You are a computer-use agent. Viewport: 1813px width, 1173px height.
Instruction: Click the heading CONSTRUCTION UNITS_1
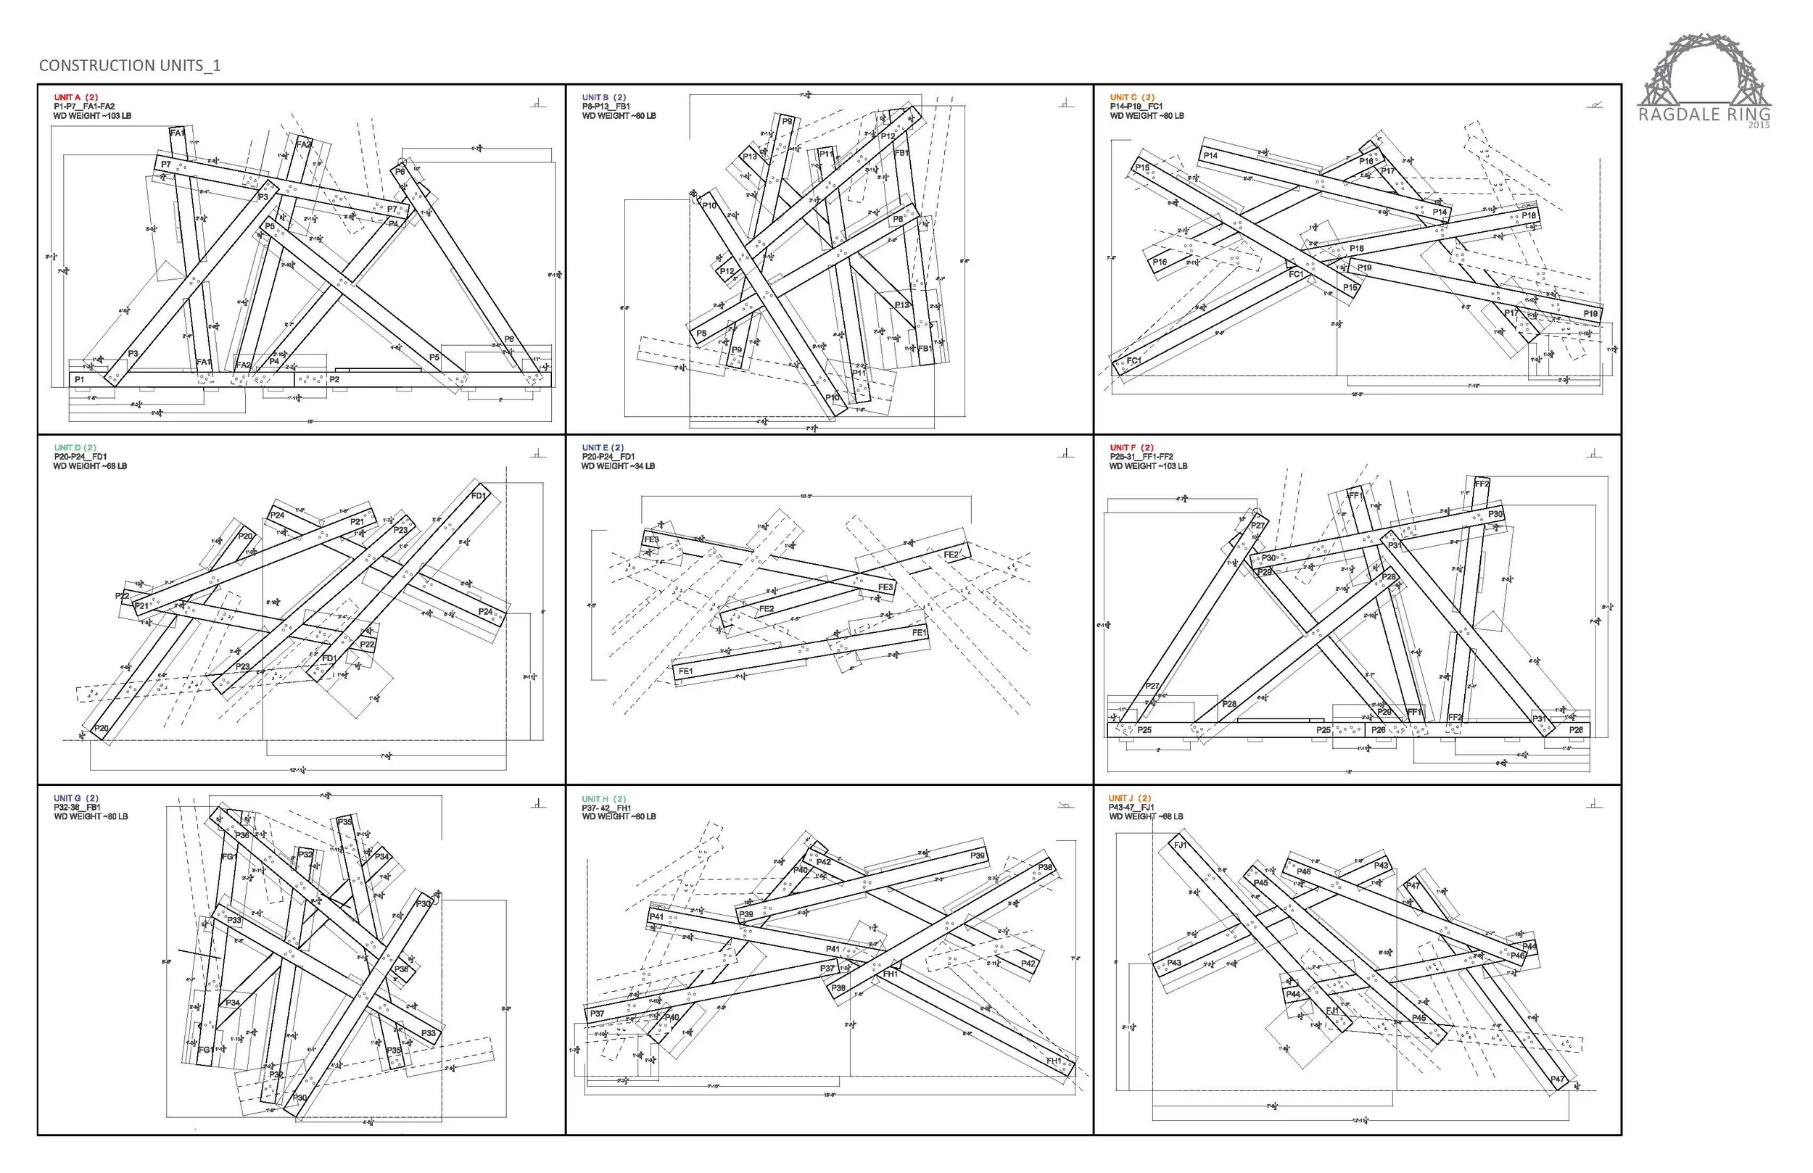pyautogui.click(x=130, y=65)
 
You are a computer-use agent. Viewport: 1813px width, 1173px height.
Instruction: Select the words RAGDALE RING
pyautogui.click(x=1704, y=115)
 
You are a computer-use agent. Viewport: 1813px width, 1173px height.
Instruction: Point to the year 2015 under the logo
pyautogui.click(x=1759, y=125)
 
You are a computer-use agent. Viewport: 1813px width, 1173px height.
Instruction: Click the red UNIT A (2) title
pyautogui.click(x=76, y=97)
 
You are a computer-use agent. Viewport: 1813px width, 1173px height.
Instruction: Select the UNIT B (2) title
pyautogui.click(x=604, y=97)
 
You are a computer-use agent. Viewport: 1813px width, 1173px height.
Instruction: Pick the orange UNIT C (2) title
pyautogui.click(x=1132, y=97)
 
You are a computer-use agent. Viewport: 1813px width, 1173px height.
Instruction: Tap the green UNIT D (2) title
pyautogui.click(x=75, y=448)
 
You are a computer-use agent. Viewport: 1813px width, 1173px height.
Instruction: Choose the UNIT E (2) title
pyautogui.click(x=603, y=448)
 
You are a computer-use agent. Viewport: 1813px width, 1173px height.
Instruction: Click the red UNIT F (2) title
pyautogui.click(x=1132, y=448)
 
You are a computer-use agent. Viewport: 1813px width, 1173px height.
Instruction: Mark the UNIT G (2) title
pyautogui.click(x=76, y=798)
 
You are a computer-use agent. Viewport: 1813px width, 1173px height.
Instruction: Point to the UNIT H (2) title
pyautogui.click(x=605, y=798)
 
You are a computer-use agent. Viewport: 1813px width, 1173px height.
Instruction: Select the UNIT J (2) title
pyautogui.click(x=1131, y=798)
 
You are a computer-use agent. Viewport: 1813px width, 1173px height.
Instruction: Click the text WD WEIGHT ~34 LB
pyautogui.click(x=618, y=466)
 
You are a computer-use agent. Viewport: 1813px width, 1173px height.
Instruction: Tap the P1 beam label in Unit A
pyautogui.click(x=80, y=379)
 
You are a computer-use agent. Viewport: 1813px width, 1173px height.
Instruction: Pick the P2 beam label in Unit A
pyautogui.click(x=334, y=379)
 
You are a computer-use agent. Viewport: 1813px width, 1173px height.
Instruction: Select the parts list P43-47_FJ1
pyautogui.click(x=1132, y=808)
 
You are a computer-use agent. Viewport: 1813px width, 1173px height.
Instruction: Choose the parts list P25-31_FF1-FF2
pyautogui.click(x=1141, y=457)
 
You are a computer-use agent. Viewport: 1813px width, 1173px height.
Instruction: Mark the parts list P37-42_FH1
pyautogui.click(x=607, y=808)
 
